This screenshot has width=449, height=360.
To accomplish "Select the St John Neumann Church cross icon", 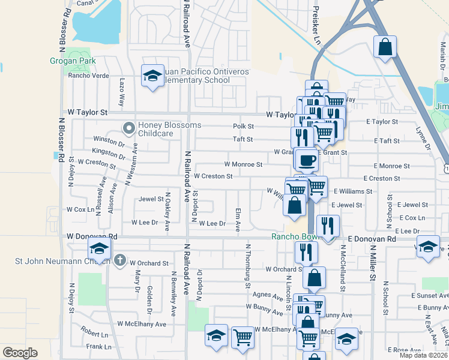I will click(120, 260).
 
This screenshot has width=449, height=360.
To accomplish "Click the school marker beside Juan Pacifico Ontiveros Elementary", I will click(152, 76).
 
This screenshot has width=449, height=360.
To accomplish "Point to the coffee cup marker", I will click(307, 160).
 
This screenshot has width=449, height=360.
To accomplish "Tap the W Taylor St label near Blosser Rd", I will click(87, 112).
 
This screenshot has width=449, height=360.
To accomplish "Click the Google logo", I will click(20, 352).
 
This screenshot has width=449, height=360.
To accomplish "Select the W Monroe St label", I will click(243, 164).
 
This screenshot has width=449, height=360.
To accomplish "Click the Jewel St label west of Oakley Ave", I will click(151, 199).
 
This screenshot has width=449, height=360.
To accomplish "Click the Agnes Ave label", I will click(268, 296).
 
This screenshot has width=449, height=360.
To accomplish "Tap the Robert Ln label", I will click(94, 332).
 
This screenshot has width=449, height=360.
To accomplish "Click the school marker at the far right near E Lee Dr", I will click(428, 247).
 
